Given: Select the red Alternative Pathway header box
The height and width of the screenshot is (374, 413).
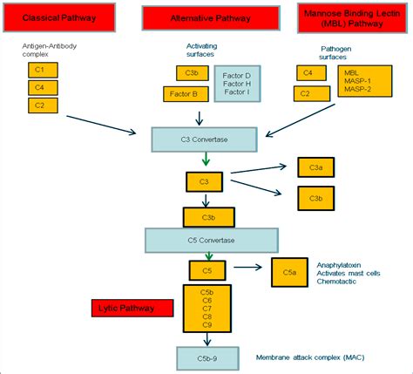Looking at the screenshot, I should (x=212, y=18).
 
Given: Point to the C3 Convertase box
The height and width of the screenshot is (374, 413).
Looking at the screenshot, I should (x=205, y=138).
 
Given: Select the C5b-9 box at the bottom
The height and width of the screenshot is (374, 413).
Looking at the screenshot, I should (x=206, y=357).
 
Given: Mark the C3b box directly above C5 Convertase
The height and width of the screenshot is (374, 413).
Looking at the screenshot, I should (x=208, y=216).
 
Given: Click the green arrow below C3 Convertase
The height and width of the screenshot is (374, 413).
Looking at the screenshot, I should (x=206, y=160).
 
